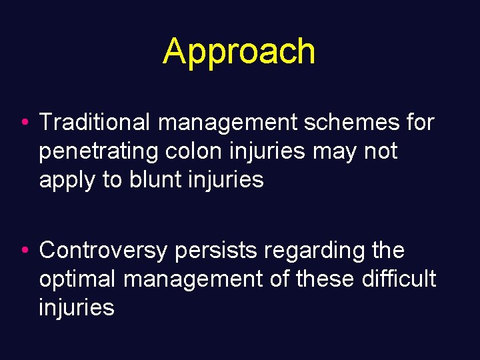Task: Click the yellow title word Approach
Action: coord(239,52)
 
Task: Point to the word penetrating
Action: coord(97,151)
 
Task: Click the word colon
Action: coord(187,151)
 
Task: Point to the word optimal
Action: coord(77,279)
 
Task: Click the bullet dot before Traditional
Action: coord(24,123)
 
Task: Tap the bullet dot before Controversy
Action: coord(24,251)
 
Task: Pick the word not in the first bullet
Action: coord(380,151)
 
